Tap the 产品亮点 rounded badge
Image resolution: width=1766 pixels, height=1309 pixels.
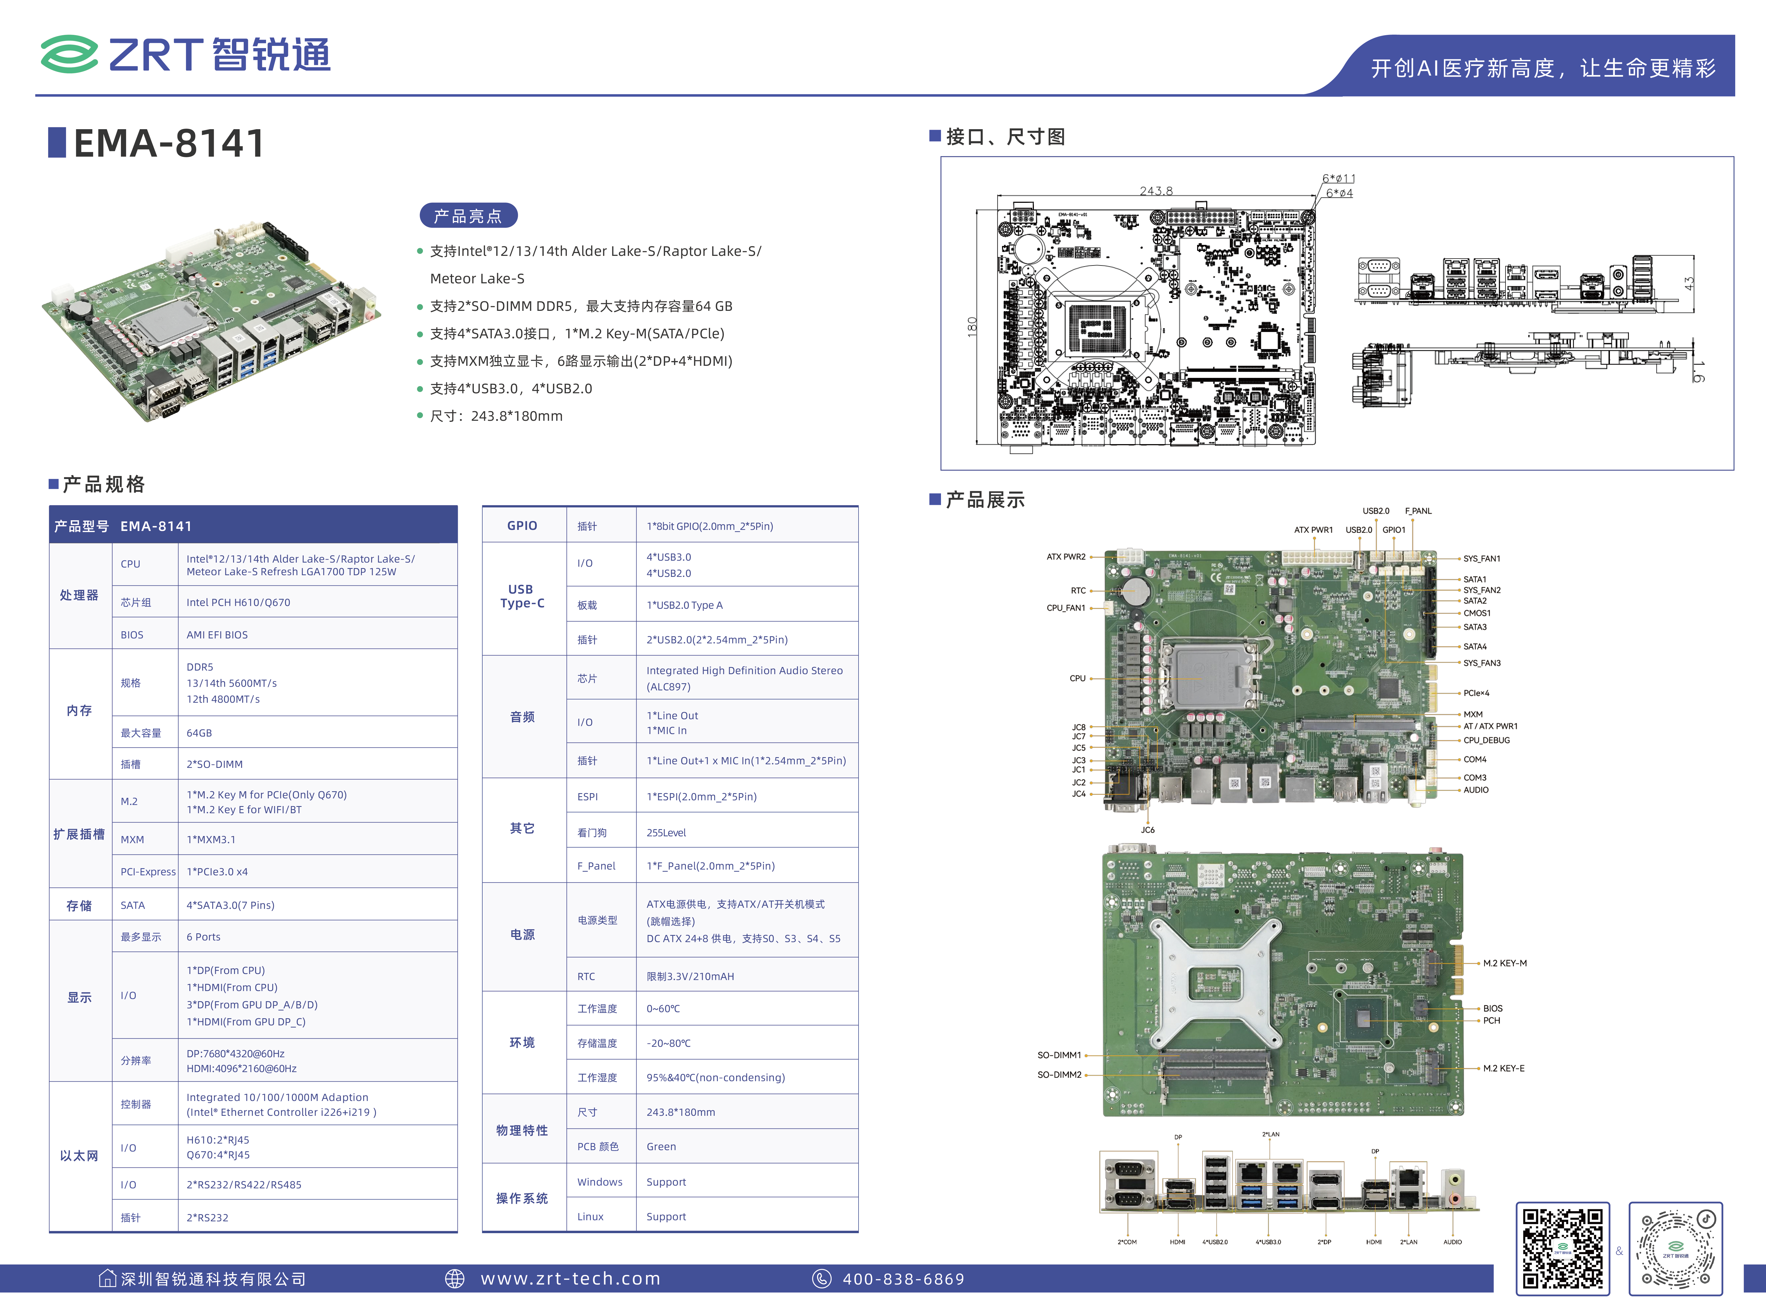click(x=468, y=215)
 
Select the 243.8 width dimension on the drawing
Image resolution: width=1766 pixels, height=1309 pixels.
click(x=1156, y=191)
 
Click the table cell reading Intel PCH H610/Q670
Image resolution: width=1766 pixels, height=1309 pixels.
click(x=239, y=602)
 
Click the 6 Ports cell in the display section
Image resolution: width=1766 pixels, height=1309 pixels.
click(x=204, y=937)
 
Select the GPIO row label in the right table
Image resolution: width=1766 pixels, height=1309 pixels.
click(x=522, y=525)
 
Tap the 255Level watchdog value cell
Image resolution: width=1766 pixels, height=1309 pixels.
click(x=666, y=833)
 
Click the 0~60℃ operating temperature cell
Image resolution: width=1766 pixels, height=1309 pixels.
click(x=663, y=1009)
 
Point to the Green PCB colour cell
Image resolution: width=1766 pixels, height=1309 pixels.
click(x=661, y=1147)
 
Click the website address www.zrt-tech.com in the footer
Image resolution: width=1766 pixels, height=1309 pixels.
click(x=571, y=1279)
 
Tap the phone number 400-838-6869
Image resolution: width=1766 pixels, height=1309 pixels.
click(x=903, y=1279)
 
